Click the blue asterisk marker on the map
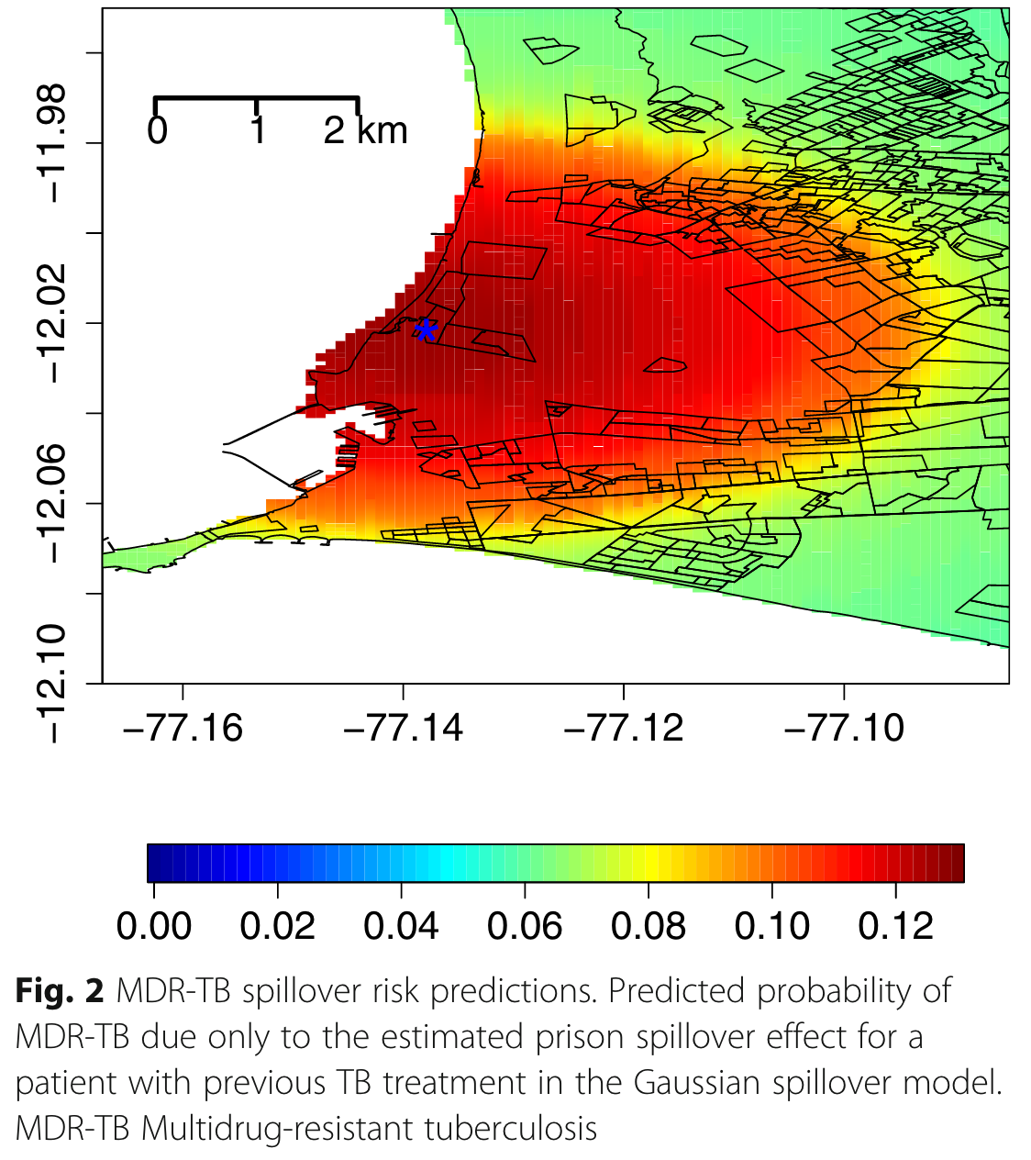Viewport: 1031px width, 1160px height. (425, 329)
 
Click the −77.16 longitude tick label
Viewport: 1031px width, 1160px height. (183, 728)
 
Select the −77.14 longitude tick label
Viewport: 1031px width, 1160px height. (403, 728)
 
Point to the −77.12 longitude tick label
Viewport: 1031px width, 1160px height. (624, 728)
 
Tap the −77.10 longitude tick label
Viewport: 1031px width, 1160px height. (844, 728)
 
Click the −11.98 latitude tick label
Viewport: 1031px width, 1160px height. (53, 143)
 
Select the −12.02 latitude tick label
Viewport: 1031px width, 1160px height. (53, 323)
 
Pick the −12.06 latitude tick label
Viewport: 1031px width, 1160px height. (53, 503)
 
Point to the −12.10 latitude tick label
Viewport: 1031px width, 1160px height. (53, 683)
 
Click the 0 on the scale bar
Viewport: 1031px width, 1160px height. (157, 131)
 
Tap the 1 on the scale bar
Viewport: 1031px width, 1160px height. (258, 131)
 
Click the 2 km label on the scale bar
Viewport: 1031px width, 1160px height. (365, 131)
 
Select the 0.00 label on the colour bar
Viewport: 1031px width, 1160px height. (154, 926)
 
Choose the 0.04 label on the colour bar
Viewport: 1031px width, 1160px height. (401, 926)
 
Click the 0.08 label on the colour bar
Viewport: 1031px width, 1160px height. (649, 926)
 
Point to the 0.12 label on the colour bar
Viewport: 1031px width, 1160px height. (895, 926)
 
